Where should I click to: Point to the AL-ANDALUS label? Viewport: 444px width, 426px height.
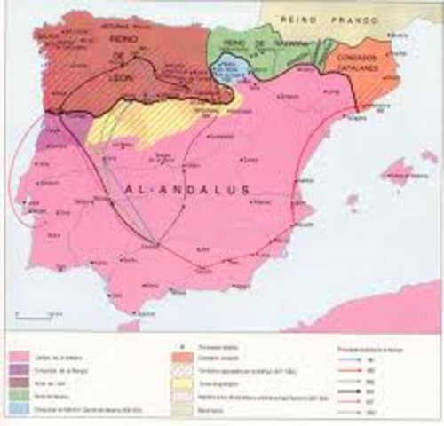[x=187, y=189]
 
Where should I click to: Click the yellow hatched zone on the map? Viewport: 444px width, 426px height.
[x=151, y=124]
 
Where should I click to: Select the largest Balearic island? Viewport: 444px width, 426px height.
[x=400, y=169]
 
